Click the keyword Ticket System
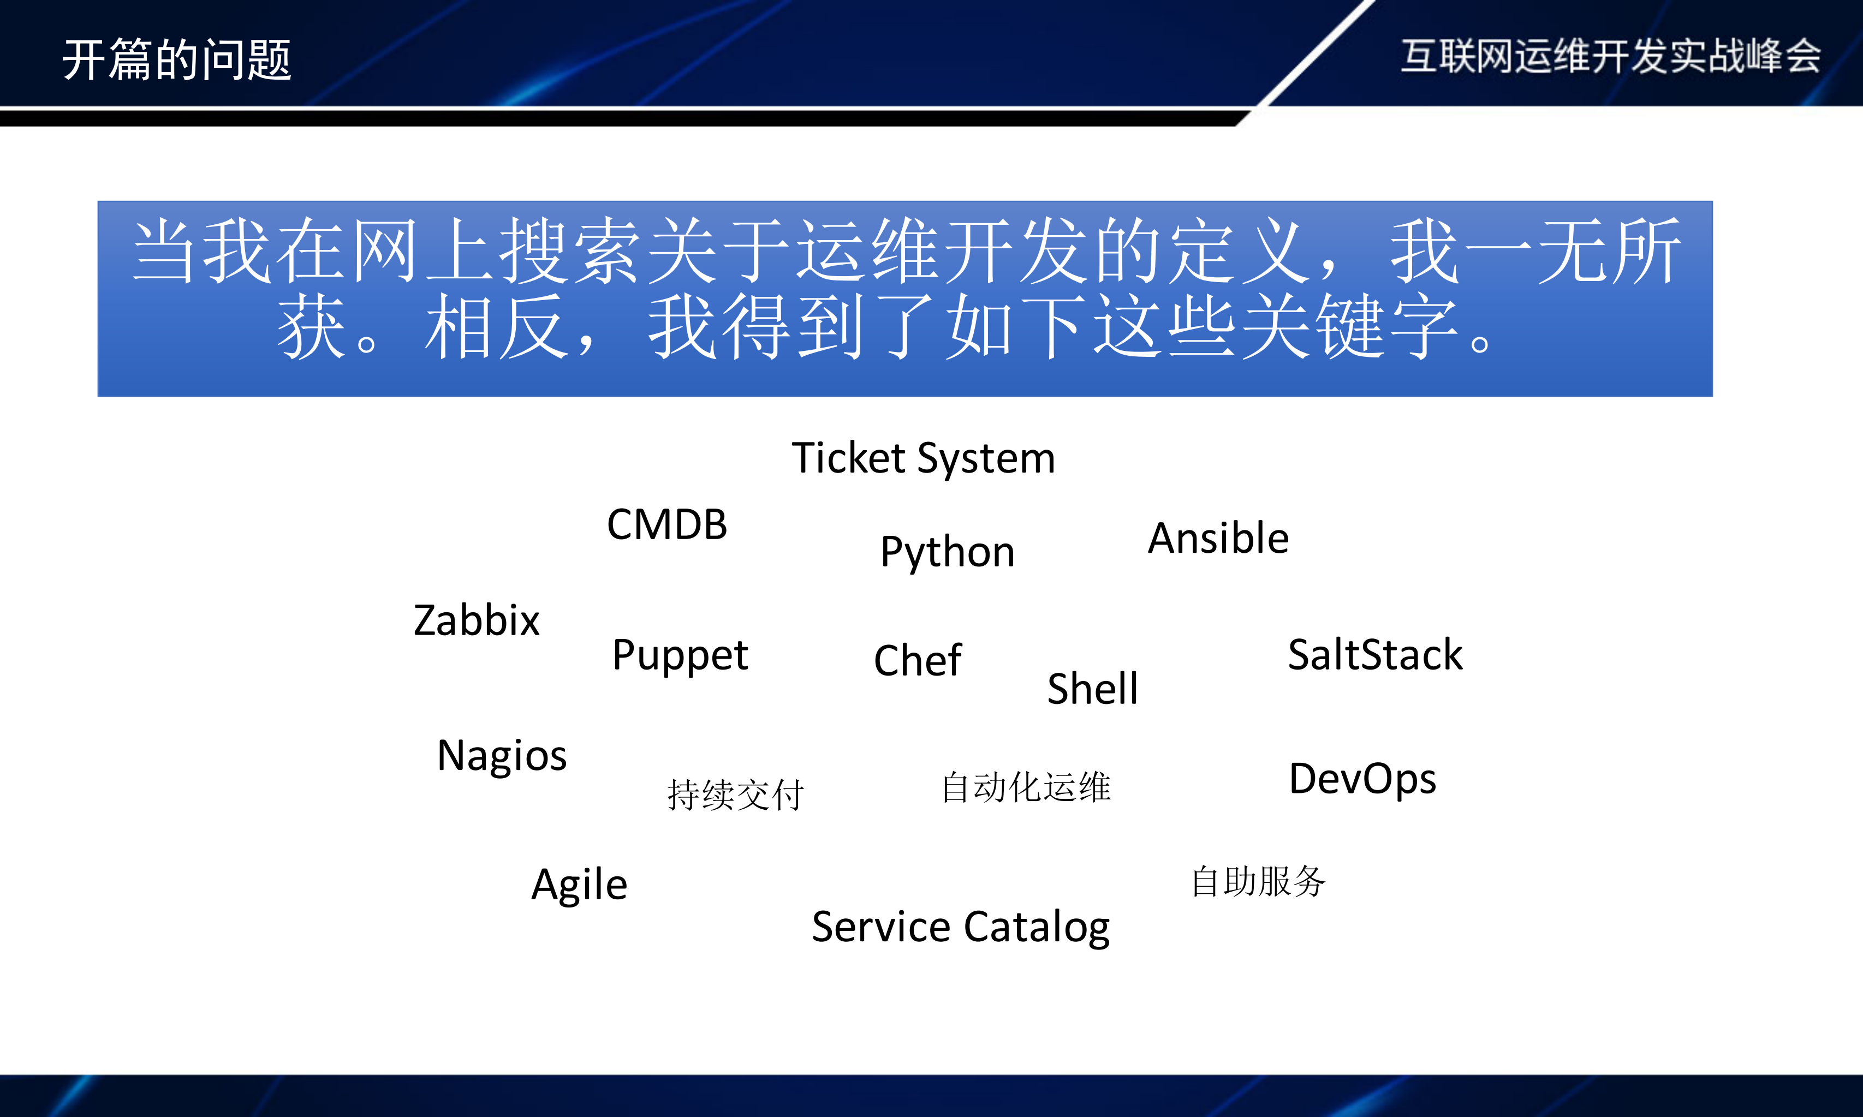[923, 458]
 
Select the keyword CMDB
[667, 524]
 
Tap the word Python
[947, 552]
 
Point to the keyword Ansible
[1218, 538]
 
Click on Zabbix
[477, 620]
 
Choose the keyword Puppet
[680, 655]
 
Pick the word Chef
[917, 660]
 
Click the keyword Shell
[1092, 688]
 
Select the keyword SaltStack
[1374, 654]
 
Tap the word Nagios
[501, 755]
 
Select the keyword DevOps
[1362, 778]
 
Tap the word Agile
[579, 885]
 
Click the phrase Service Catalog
[961, 927]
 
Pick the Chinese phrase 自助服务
[1258, 881]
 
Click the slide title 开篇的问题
[176, 59]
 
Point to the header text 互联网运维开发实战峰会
[1610, 56]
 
